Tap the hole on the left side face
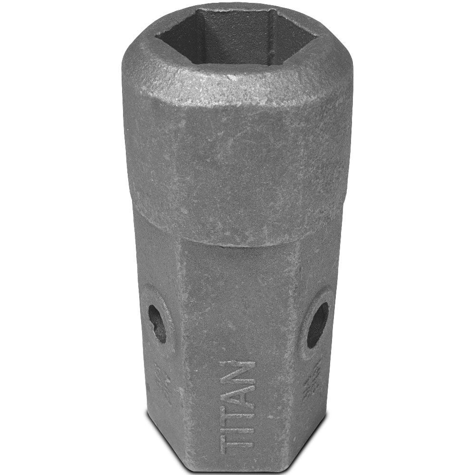coord(157,323)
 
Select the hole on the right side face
coord(317,324)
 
